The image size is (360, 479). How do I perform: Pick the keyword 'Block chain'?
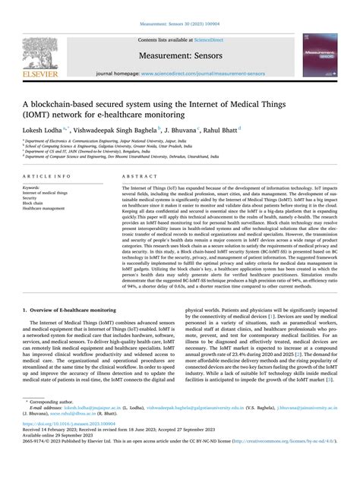pyautogui.click(x=33, y=203)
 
